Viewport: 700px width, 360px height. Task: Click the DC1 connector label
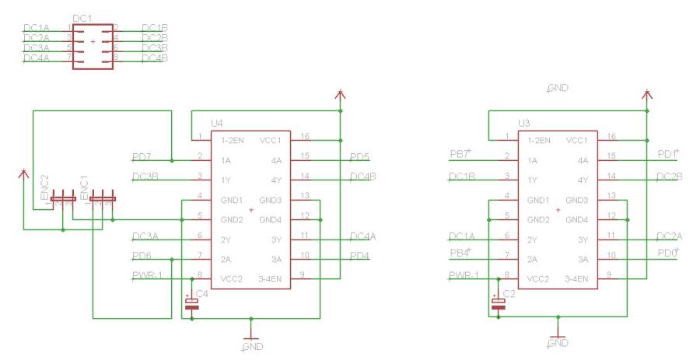[82, 17]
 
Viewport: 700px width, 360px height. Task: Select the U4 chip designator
[217, 123]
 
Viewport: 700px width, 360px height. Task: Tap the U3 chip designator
[524, 123]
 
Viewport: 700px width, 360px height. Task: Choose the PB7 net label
[460, 152]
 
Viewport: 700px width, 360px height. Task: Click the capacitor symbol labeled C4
[191, 304]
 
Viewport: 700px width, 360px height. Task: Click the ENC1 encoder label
[84, 189]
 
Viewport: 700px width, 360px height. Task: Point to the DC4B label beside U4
[363, 177]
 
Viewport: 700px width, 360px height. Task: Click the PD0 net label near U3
[668, 252]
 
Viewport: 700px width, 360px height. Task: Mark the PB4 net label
[460, 252]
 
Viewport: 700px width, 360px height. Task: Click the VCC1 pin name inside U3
[576, 141]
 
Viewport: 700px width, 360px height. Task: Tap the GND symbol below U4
[250, 340]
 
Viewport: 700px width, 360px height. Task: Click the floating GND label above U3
[557, 89]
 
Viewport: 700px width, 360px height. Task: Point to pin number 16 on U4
[304, 136]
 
